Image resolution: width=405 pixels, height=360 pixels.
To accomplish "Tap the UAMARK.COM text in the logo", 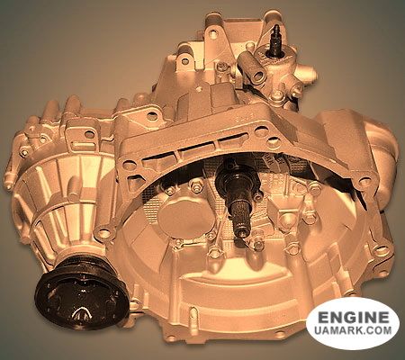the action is point(354,330).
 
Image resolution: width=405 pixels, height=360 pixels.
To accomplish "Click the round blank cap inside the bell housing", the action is point(186,217).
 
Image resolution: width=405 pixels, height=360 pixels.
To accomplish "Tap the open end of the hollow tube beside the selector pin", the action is point(258,76).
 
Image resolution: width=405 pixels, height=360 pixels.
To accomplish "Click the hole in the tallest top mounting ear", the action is point(213,34).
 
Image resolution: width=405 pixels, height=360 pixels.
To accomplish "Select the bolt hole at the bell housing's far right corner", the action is point(366,182).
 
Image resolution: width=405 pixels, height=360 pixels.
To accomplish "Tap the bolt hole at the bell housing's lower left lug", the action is point(103,233).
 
